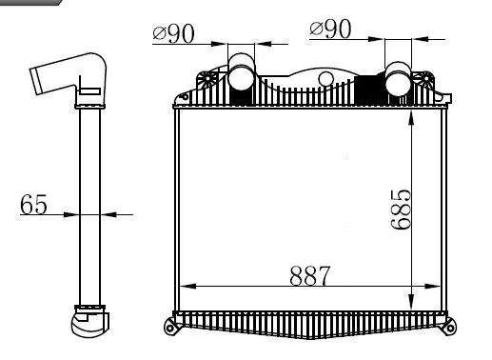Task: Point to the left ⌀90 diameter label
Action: [x=173, y=32]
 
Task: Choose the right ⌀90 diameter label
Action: [x=330, y=30]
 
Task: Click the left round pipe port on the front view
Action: [x=240, y=73]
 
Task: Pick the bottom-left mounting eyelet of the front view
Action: [x=171, y=330]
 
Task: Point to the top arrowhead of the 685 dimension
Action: [x=410, y=117]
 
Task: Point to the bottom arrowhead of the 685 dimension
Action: [x=410, y=302]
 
